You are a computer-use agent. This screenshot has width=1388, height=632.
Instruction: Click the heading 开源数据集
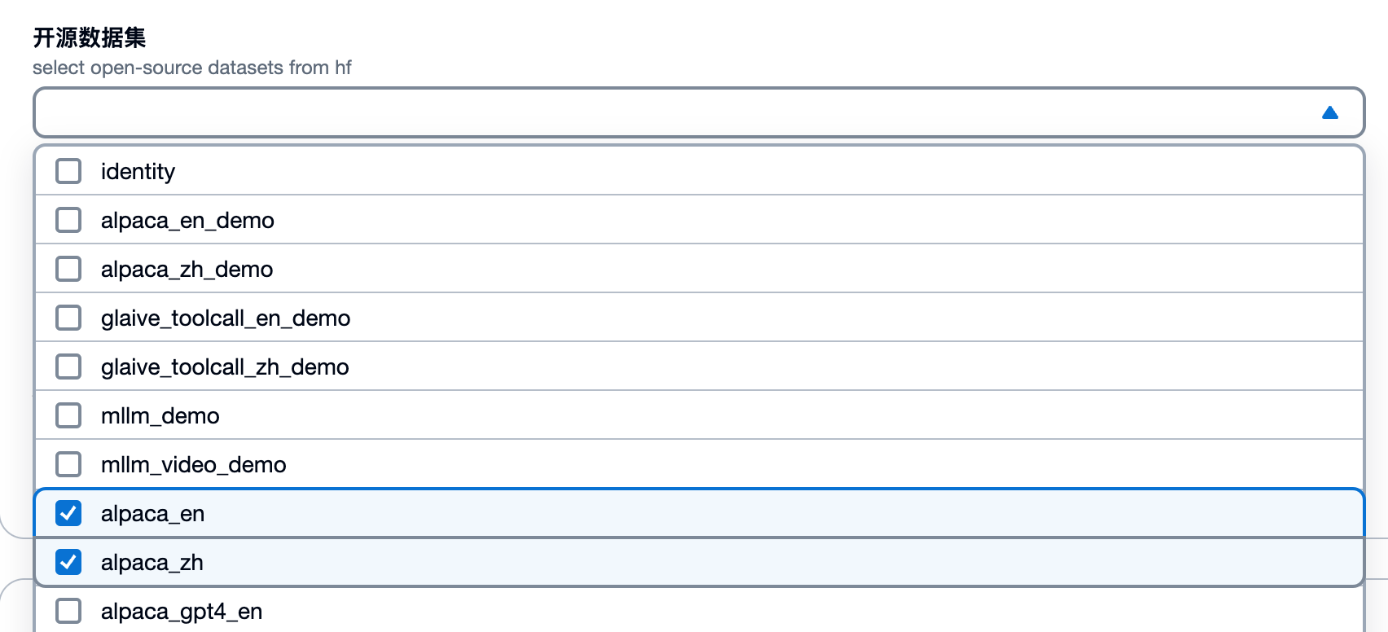[90, 37]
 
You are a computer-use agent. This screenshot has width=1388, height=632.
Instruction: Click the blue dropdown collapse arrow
[1330, 112]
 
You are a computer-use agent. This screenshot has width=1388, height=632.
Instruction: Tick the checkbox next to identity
[68, 171]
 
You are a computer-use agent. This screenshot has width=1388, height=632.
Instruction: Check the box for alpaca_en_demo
[68, 220]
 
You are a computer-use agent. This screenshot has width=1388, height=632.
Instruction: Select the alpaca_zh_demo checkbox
[68, 269]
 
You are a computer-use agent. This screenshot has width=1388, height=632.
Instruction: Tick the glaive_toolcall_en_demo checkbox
[68, 318]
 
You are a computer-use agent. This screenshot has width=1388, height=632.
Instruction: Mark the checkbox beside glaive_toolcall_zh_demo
[68, 366]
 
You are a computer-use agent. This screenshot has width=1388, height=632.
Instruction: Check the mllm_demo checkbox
[68, 415]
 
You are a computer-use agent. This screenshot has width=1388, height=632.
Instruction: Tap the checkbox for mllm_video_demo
[68, 464]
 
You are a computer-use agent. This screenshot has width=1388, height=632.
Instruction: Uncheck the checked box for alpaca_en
[68, 513]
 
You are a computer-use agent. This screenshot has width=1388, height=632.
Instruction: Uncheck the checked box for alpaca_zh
[68, 562]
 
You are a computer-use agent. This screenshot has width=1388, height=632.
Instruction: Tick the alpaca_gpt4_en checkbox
[68, 611]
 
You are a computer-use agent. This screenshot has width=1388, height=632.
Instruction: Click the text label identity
[138, 172]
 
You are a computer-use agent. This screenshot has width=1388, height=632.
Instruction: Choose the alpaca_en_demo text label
[187, 221]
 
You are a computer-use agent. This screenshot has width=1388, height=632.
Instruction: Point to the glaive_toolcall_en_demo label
[226, 318]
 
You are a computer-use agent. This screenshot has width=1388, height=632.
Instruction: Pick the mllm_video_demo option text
[194, 465]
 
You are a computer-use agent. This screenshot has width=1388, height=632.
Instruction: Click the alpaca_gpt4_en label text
[182, 612]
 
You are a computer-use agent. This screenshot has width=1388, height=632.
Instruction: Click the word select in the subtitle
[59, 68]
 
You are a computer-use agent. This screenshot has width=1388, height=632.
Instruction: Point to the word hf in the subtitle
[343, 68]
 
